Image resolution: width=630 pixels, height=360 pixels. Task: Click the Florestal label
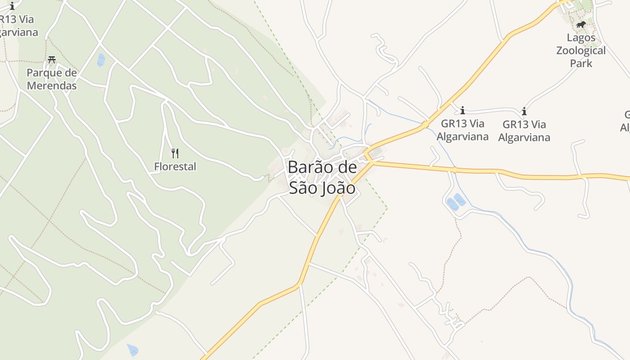[175, 166]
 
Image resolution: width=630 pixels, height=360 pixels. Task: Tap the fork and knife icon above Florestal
[175, 153]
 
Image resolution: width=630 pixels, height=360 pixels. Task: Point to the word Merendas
[52, 85]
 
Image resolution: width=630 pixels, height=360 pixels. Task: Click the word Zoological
[580, 50]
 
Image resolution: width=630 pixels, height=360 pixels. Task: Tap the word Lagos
[580, 38]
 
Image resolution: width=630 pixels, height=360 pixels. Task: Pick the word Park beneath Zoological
[580, 63]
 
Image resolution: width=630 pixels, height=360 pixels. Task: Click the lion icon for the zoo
[580, 24]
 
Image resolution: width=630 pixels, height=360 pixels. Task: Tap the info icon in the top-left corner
[12, 6]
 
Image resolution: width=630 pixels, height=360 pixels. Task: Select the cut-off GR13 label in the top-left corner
[16, 20]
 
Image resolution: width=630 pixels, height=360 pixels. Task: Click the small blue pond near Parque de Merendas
[101, 60]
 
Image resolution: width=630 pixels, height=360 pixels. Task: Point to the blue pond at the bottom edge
[133, 350]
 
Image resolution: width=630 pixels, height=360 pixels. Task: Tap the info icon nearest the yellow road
[462, 110]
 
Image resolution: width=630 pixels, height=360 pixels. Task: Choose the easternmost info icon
[524, 111]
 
